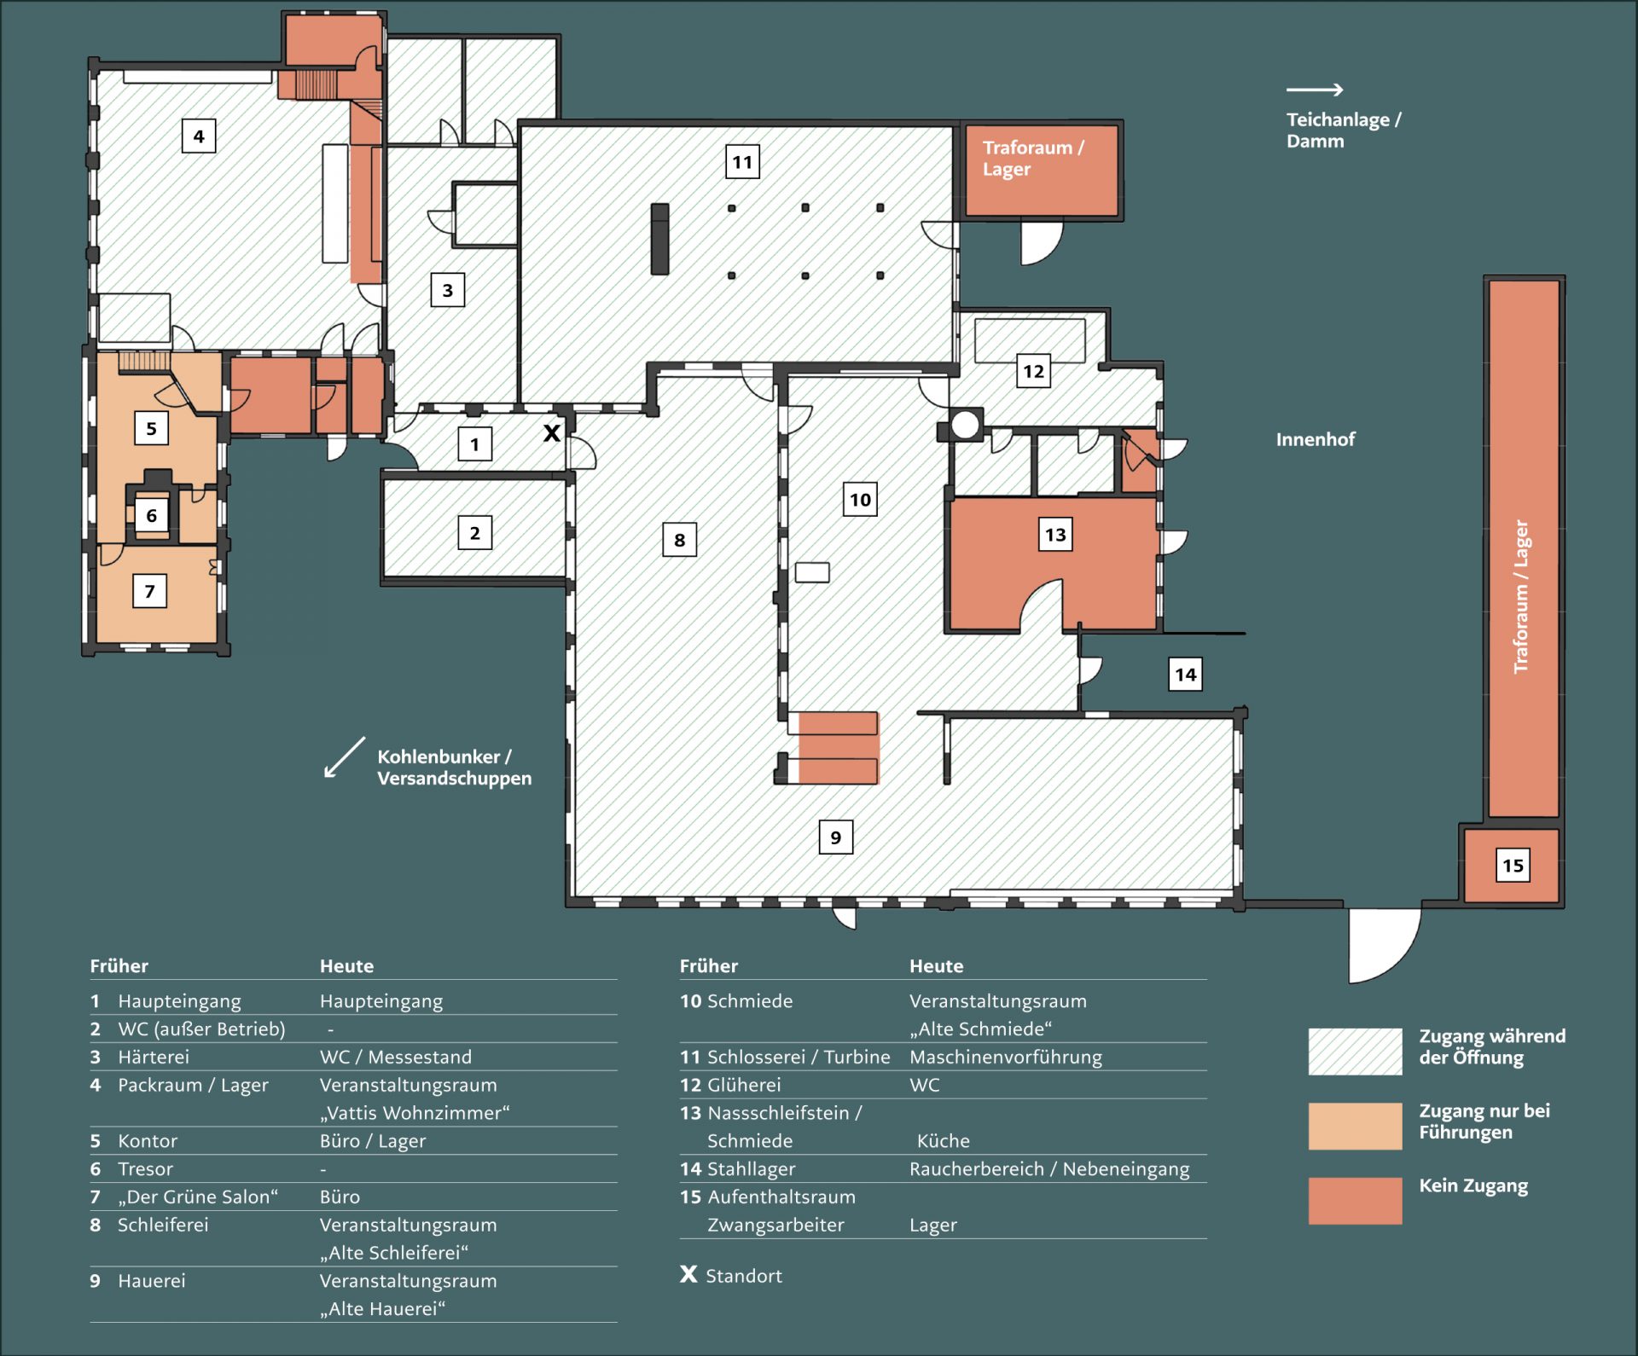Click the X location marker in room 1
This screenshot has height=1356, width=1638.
pyautogui.click(x=552, y=433)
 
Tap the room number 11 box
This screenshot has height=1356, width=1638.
pyautogui.click(x=742, y=162)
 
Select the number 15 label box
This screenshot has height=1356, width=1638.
pyautogui.click(x=1513, y=866)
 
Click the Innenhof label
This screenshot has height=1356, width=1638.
pyautogui.click(x=1315, y=439)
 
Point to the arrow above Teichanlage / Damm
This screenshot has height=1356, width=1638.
pyautogui.click(x=1315, y=90)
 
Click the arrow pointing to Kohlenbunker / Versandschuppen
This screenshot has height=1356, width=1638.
pyautogui.click(x=344, y=757)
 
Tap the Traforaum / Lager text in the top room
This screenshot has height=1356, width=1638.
pyautogui.click(x=1032, y=158)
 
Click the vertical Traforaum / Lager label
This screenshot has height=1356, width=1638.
pyautogui.click(x=1521, y=596)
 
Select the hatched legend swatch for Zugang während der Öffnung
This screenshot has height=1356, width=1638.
pyautogui.click(x=1355, y=1051)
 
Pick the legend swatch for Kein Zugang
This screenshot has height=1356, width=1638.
pyautogui.click(x=1355, y=1200)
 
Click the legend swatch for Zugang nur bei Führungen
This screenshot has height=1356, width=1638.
pyautogui.click(x=1355, y=1126)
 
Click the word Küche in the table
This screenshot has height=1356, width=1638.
pyautogui.click(x=943, y=1141)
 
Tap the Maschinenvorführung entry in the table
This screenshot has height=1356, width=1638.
pyautogui.click(x=1005, y=1058)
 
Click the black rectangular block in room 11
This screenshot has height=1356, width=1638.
pyautogui.click(x=659, y=239)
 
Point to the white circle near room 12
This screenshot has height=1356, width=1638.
pyautogui.click(x=965, y=424)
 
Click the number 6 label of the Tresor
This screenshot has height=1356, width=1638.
pyautogui.click(x=152, y=515)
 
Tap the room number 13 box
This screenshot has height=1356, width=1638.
pyautogui.click(x=1055, y=535)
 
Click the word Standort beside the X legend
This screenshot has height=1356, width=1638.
pyautogui.click(x=743, y=1276)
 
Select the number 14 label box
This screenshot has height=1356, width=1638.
pyautogui.click(x=1185, y=675)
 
